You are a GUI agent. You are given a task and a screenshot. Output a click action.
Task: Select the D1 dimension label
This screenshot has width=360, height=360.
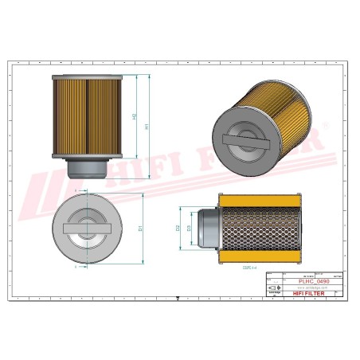tap(141, 229)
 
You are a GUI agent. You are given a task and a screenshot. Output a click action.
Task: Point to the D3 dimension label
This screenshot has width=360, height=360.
tap(189, 229)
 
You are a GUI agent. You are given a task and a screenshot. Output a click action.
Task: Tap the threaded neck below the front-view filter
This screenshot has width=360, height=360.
tap(84, 168)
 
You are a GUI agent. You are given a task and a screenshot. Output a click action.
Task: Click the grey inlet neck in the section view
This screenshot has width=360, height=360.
tap(206, 229)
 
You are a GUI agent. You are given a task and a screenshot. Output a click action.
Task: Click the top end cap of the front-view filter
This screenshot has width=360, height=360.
tap(84, 75)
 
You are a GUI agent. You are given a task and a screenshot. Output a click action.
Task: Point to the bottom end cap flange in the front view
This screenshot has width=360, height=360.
tap(84, 155)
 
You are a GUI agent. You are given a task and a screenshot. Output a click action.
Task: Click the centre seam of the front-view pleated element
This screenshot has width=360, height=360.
tap(85, 115)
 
